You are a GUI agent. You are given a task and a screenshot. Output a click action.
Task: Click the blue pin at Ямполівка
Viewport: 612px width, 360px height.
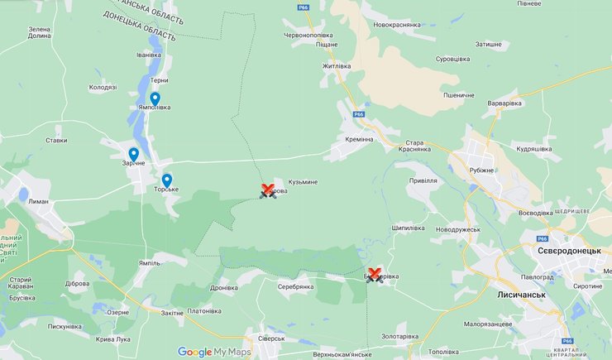(155, 99)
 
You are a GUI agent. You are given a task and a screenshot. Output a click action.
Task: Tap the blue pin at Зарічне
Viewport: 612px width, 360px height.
(134, 154)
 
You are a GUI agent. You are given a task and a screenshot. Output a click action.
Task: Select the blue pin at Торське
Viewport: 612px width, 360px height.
(167, 180)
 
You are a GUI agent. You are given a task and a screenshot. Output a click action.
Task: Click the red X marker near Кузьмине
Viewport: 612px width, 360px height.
(267, 190)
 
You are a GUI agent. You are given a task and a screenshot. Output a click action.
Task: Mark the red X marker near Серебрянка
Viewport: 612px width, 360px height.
(374, 275)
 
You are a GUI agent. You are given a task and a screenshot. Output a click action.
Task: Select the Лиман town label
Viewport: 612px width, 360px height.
(37, 201)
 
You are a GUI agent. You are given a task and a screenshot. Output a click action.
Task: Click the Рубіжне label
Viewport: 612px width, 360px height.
(481, 170)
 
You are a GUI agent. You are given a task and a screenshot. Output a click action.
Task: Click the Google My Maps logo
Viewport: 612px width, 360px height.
(213, 351)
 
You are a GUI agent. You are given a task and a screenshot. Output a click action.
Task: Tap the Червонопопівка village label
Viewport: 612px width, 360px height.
(308, 36)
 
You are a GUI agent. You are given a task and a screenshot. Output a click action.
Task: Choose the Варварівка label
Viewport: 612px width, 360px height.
(505, 103)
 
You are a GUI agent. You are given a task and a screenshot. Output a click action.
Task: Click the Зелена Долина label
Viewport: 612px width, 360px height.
(39, 33)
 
